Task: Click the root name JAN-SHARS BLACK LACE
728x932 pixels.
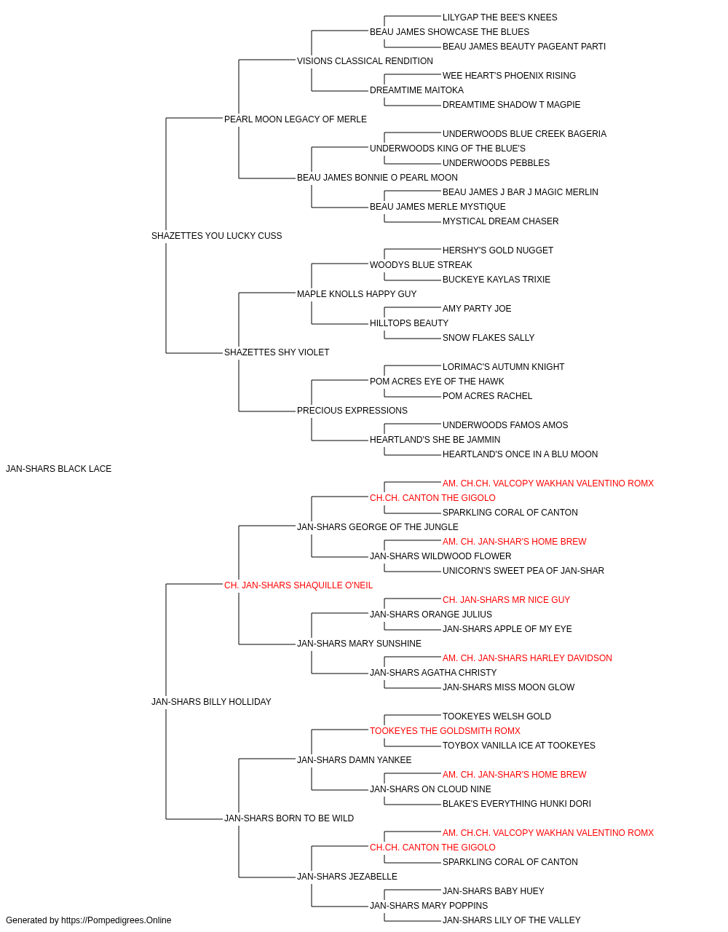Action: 58,469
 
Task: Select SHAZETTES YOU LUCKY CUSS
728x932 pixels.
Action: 216,236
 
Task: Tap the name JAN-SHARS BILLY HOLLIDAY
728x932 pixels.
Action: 211,702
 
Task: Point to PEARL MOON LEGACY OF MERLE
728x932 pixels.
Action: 296,119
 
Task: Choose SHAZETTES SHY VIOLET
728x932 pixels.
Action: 277,352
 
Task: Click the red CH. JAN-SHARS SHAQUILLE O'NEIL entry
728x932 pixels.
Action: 298,585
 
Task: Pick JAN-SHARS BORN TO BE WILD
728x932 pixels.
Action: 289,818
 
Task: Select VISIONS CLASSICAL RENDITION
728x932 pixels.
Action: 365,61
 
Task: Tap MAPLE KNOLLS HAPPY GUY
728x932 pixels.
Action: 357,294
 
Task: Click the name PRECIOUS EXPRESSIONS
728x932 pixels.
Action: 352,411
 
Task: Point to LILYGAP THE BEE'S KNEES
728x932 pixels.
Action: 500,17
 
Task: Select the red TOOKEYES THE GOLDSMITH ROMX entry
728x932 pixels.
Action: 445,731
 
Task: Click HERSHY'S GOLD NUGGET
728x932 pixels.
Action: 498,250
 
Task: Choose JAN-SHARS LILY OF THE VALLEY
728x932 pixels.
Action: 512,920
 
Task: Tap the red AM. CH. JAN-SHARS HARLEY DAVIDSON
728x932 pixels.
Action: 527,658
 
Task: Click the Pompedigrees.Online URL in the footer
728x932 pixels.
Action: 116,920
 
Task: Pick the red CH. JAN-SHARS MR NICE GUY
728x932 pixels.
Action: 507,600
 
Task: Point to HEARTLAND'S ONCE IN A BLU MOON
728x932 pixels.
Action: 520,454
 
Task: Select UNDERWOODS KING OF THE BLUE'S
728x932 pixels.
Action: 448,149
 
